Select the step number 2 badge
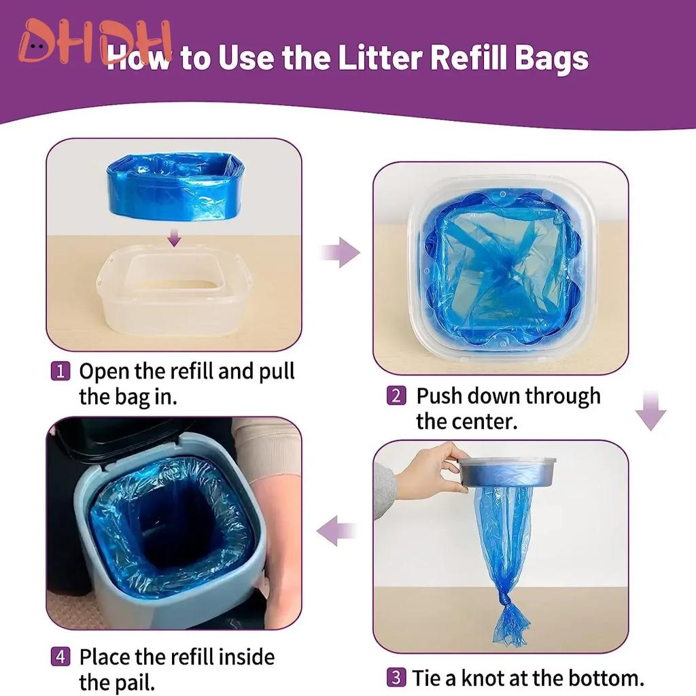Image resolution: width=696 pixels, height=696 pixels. (396, 396)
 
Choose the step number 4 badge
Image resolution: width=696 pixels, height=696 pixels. (60, 657)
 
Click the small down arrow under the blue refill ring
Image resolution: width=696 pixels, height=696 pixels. (175, 237)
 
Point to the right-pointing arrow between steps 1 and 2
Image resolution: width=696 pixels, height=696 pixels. (341, 254)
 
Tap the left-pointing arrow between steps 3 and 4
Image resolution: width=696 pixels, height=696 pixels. (336, 530)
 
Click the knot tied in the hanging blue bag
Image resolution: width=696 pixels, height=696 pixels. (504, 600)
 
